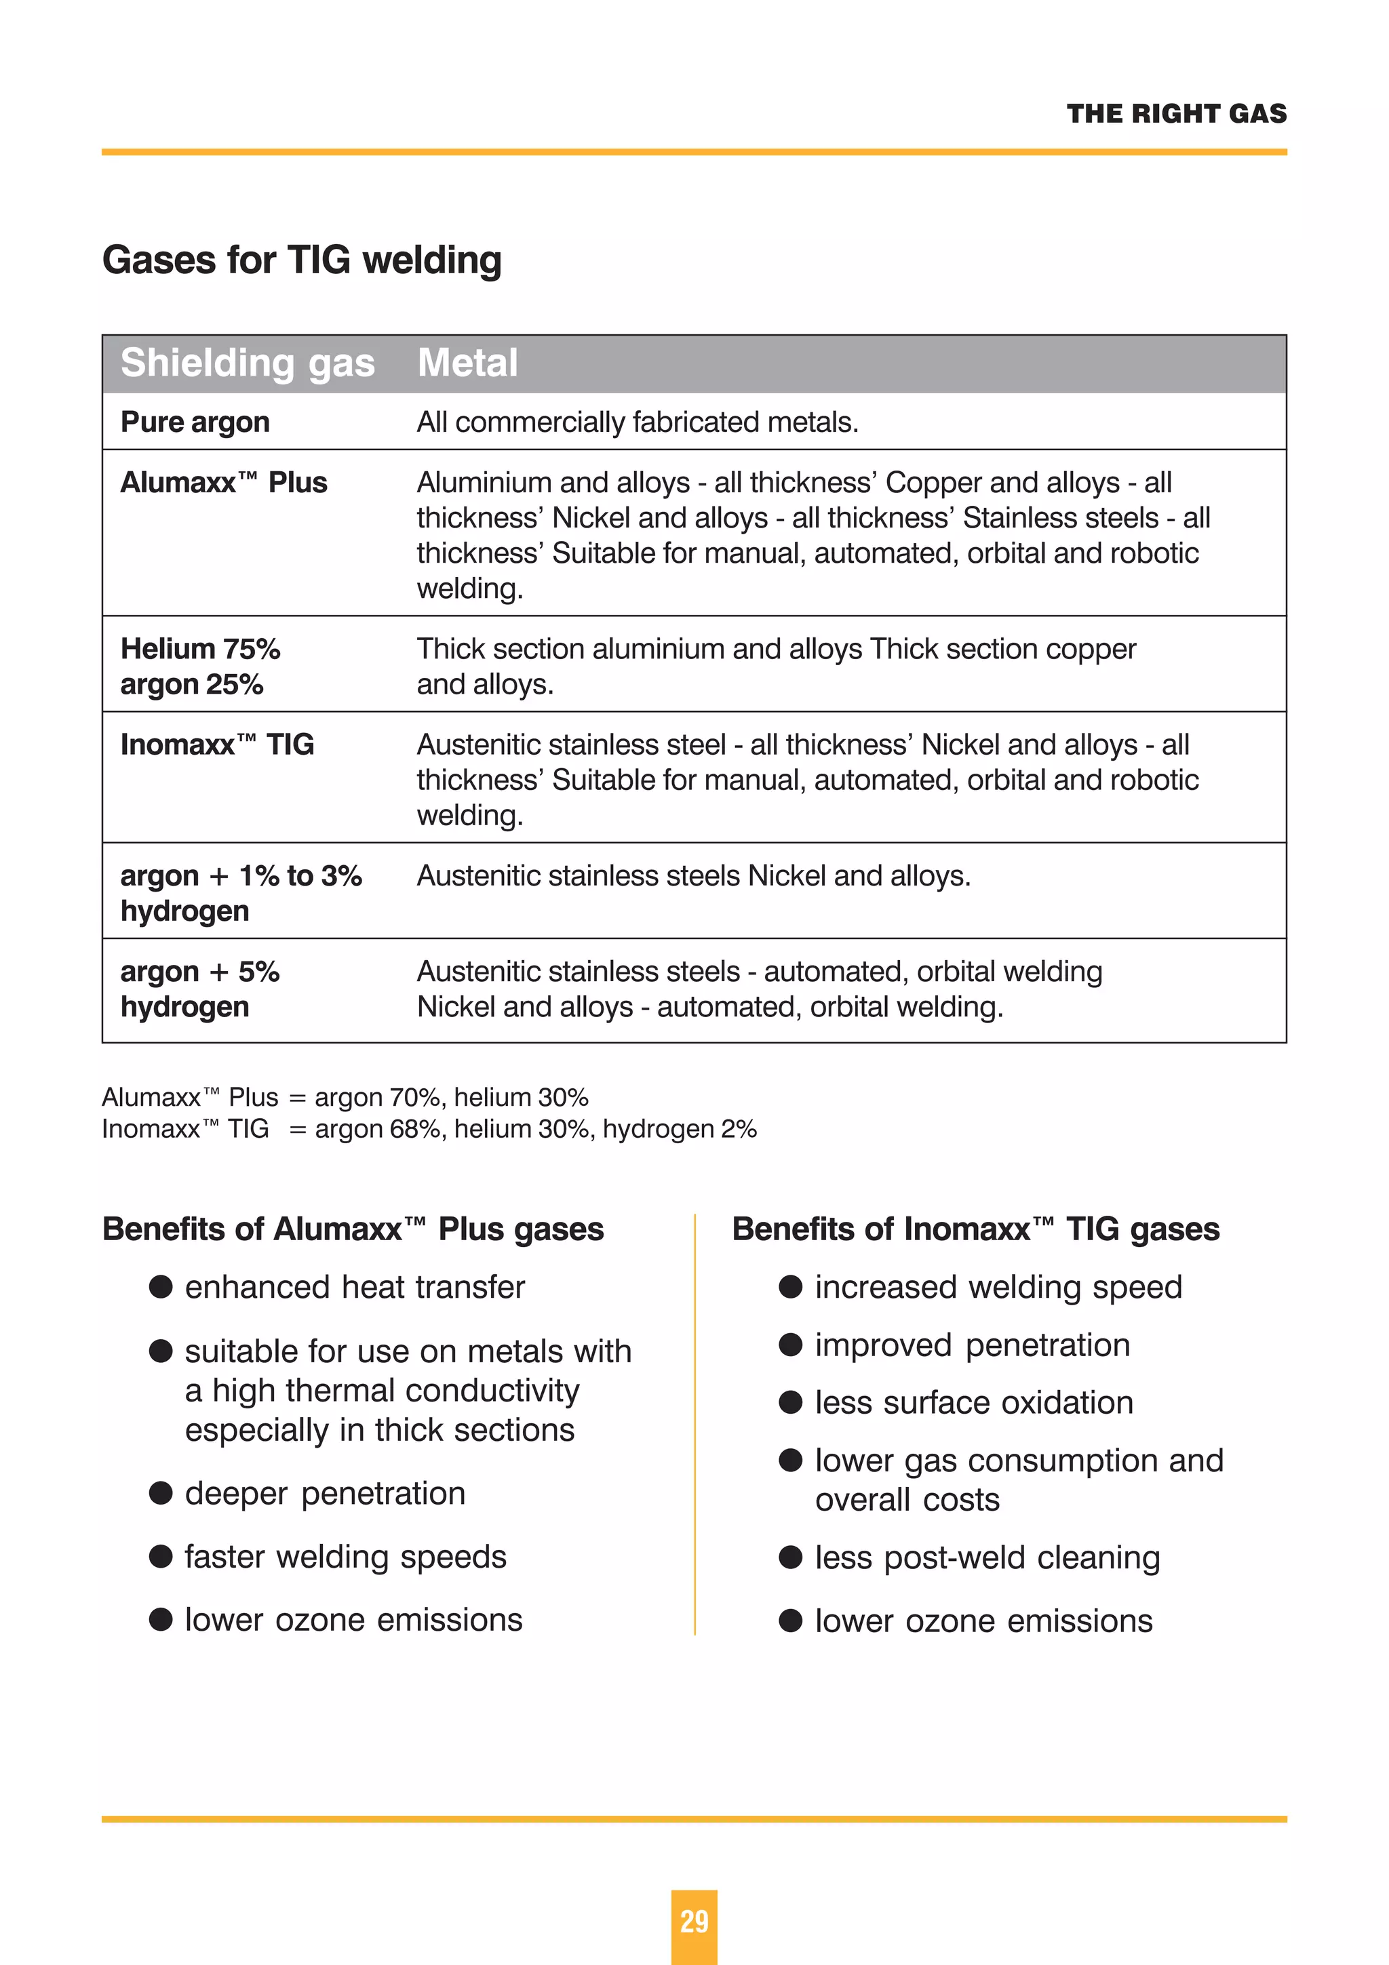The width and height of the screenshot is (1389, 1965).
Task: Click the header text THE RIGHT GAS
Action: pyautogui.click(x=1176, y=114)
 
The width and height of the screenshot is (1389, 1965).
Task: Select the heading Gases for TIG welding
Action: pyautogui.click(x=301, y=260)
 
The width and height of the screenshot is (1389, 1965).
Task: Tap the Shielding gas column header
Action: pyautogui.click(x=248, y=363)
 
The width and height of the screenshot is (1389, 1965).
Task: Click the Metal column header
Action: pyautogui.click(x=467, y=363)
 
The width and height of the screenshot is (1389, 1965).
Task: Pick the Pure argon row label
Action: pyautogui.click(x=195, y=422)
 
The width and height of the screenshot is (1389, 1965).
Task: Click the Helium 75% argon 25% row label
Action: pyautogui.click(x=200, y=666)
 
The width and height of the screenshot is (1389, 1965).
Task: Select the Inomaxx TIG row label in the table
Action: pyautogui.click(x=218, y=745)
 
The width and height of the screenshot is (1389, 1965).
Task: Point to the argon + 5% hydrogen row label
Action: pyautogui.click(x=200, y=989)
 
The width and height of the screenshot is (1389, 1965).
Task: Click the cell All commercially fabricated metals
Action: pyautogui.click(x=637, y=422)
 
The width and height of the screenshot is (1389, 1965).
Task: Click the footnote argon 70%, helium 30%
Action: pyautogui.click(x=451, y=1097)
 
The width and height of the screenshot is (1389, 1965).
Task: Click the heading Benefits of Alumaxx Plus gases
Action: pyautogui.click(x=353, y=1229)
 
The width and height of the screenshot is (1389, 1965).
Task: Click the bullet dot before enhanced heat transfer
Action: pyautogui.click(x=161, y=1287)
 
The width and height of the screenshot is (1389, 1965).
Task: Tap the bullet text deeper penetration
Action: pyautogui.click(x=326, y=1494)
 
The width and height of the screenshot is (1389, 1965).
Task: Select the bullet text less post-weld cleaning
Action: pyautogui.click(x=987, y=1557)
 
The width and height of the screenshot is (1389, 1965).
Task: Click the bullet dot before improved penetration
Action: pyautogui.click(x=790, y=1345)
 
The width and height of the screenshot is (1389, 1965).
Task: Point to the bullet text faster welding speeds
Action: pyautogui.click(x=346, y=1557)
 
